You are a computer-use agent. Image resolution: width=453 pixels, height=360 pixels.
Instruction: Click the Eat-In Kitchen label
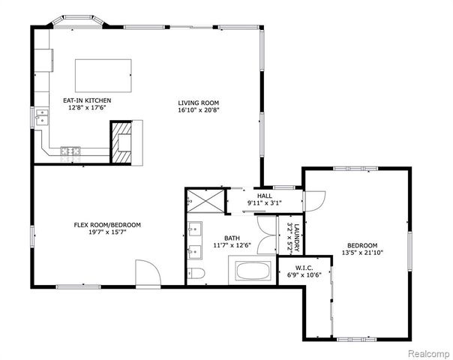tap(88, 100)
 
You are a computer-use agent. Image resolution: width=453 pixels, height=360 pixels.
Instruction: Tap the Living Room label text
tap(198, 103)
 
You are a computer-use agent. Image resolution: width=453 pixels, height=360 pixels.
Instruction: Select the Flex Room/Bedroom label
tap(107, 225)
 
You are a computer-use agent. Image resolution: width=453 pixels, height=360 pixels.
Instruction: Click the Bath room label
tap(221, 238)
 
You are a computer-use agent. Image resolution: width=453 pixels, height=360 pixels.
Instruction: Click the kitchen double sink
tap(42, 116)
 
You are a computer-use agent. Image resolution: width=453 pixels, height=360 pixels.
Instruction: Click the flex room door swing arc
tap(145, 271)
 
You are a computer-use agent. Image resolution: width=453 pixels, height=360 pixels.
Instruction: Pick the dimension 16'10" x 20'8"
tap(198, 109)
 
